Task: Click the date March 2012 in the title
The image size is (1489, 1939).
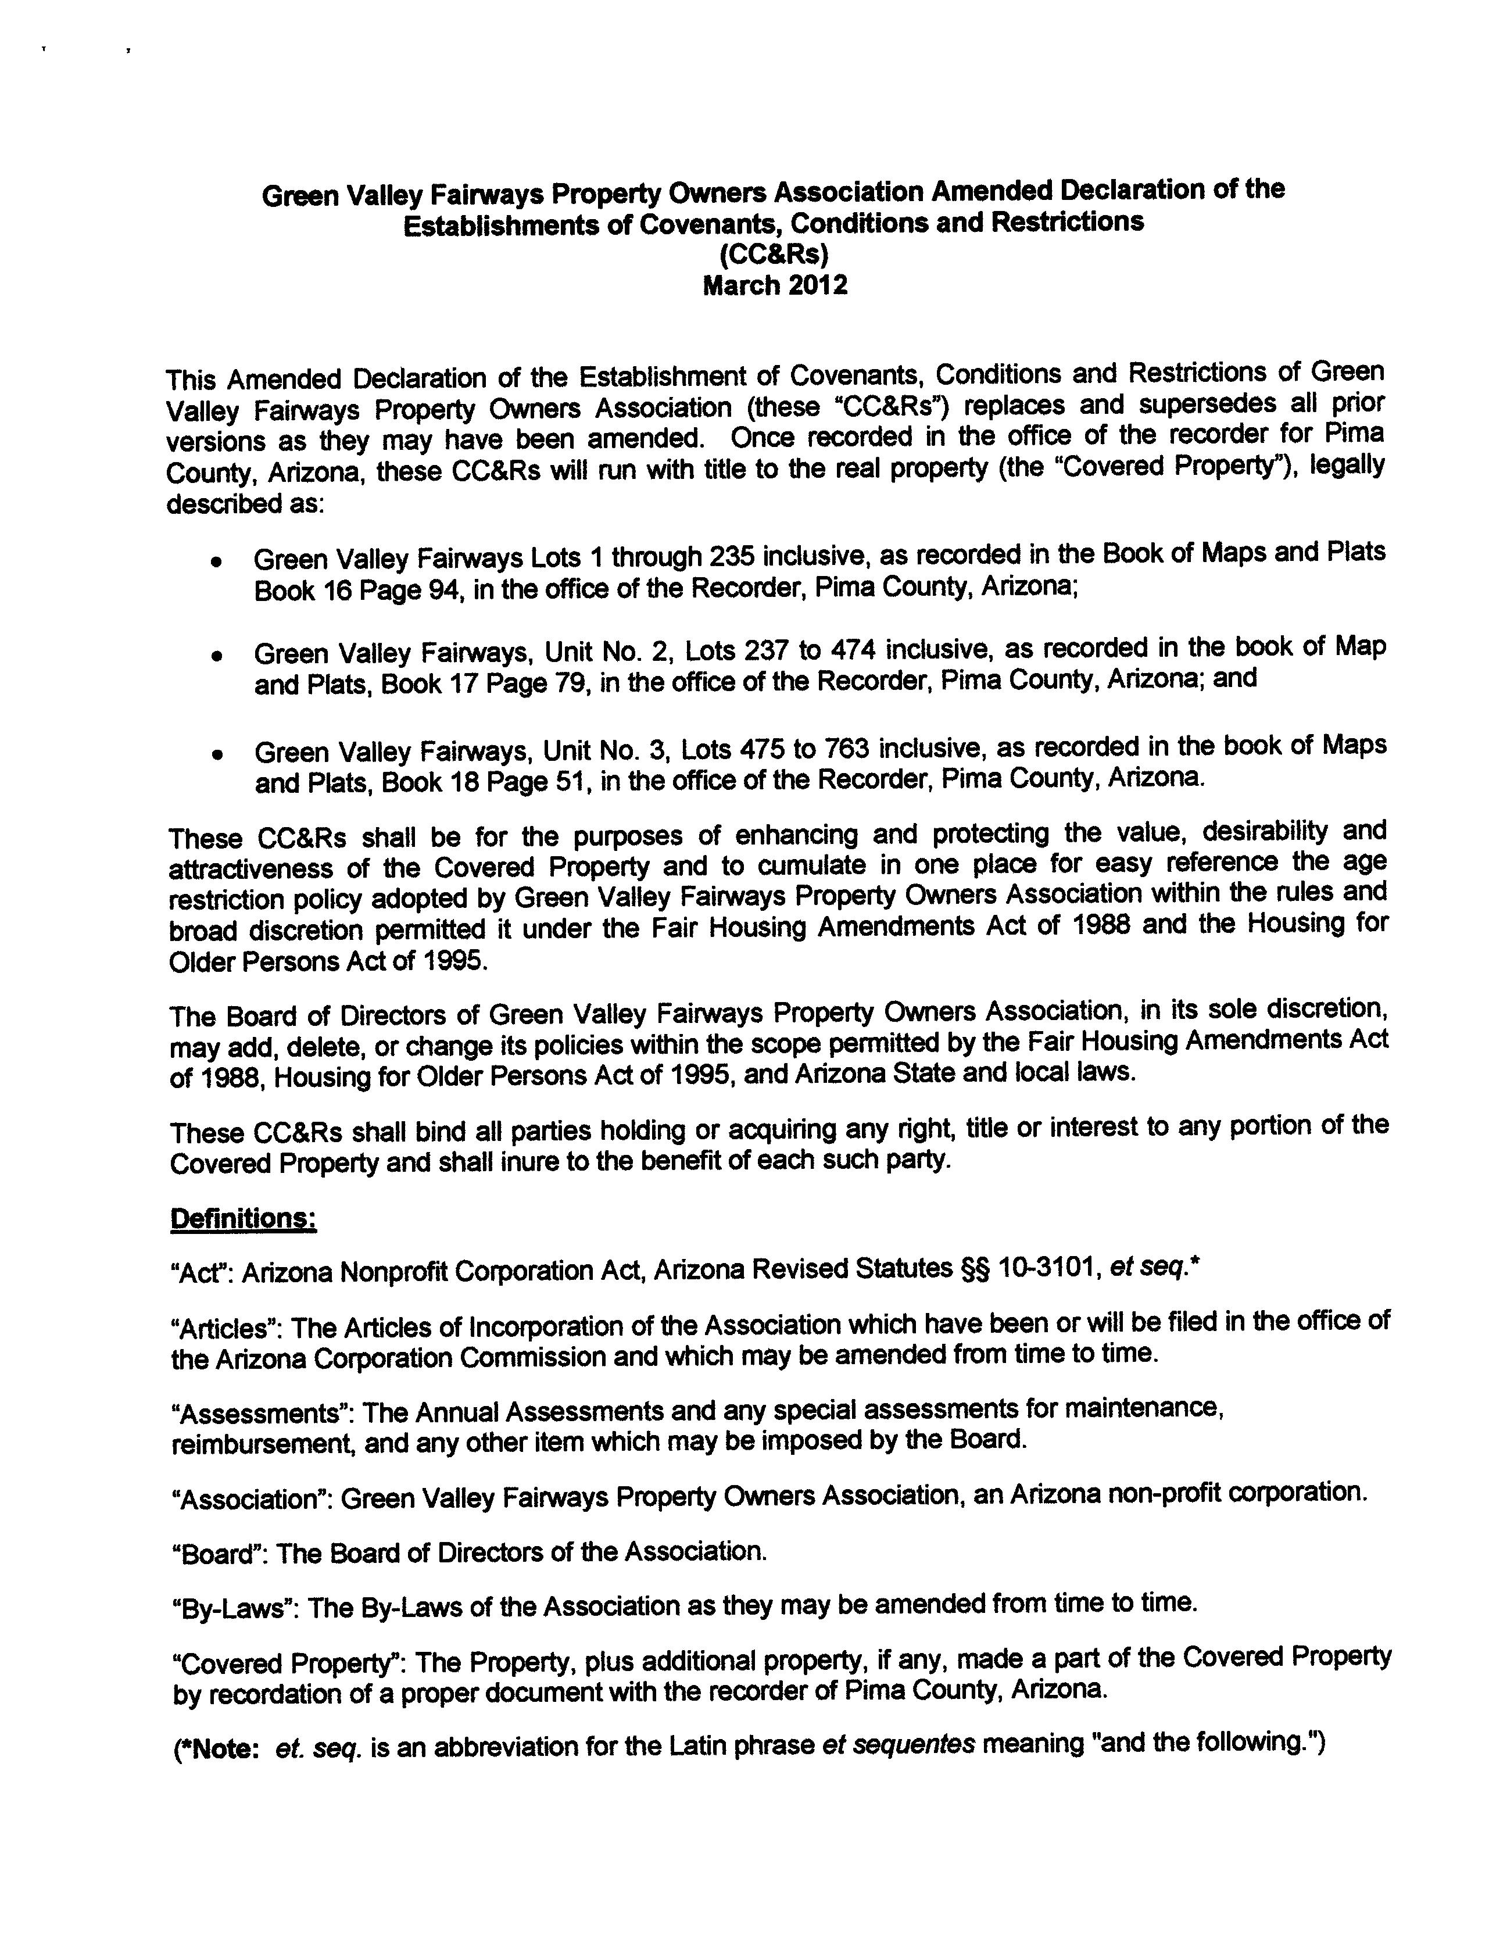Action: click(x=775, y=285)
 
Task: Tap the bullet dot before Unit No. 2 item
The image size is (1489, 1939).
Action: click(x=216, y=657)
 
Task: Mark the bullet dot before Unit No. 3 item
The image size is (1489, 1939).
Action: click(x=216, y=755)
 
